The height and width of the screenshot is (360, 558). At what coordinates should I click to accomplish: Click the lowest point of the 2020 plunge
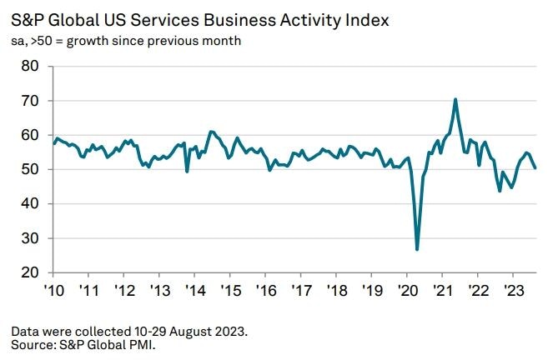click(x=417, y=249)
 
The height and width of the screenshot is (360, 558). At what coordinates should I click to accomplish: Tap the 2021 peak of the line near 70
click(x=455, y=99)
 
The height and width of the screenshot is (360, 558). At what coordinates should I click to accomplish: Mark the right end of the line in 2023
click(x=535, y=168)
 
